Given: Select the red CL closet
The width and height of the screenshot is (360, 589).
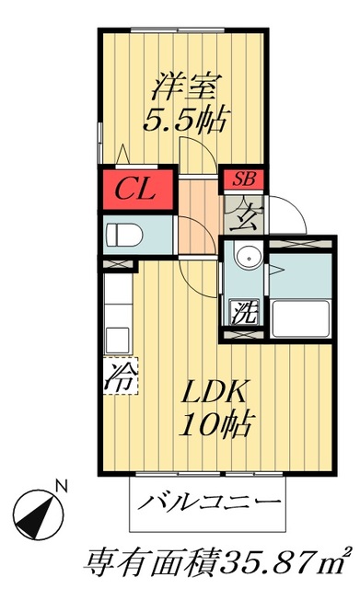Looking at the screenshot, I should (x=138, y=191).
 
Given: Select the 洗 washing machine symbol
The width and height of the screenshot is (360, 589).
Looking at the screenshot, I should (x=243, y=311).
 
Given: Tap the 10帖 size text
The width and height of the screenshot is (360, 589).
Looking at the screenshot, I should (x=218, y=424).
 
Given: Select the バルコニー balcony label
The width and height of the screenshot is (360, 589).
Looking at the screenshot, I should (x=210, y=502).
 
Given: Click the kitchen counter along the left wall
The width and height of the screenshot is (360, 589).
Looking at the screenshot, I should (x=117, y=313).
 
